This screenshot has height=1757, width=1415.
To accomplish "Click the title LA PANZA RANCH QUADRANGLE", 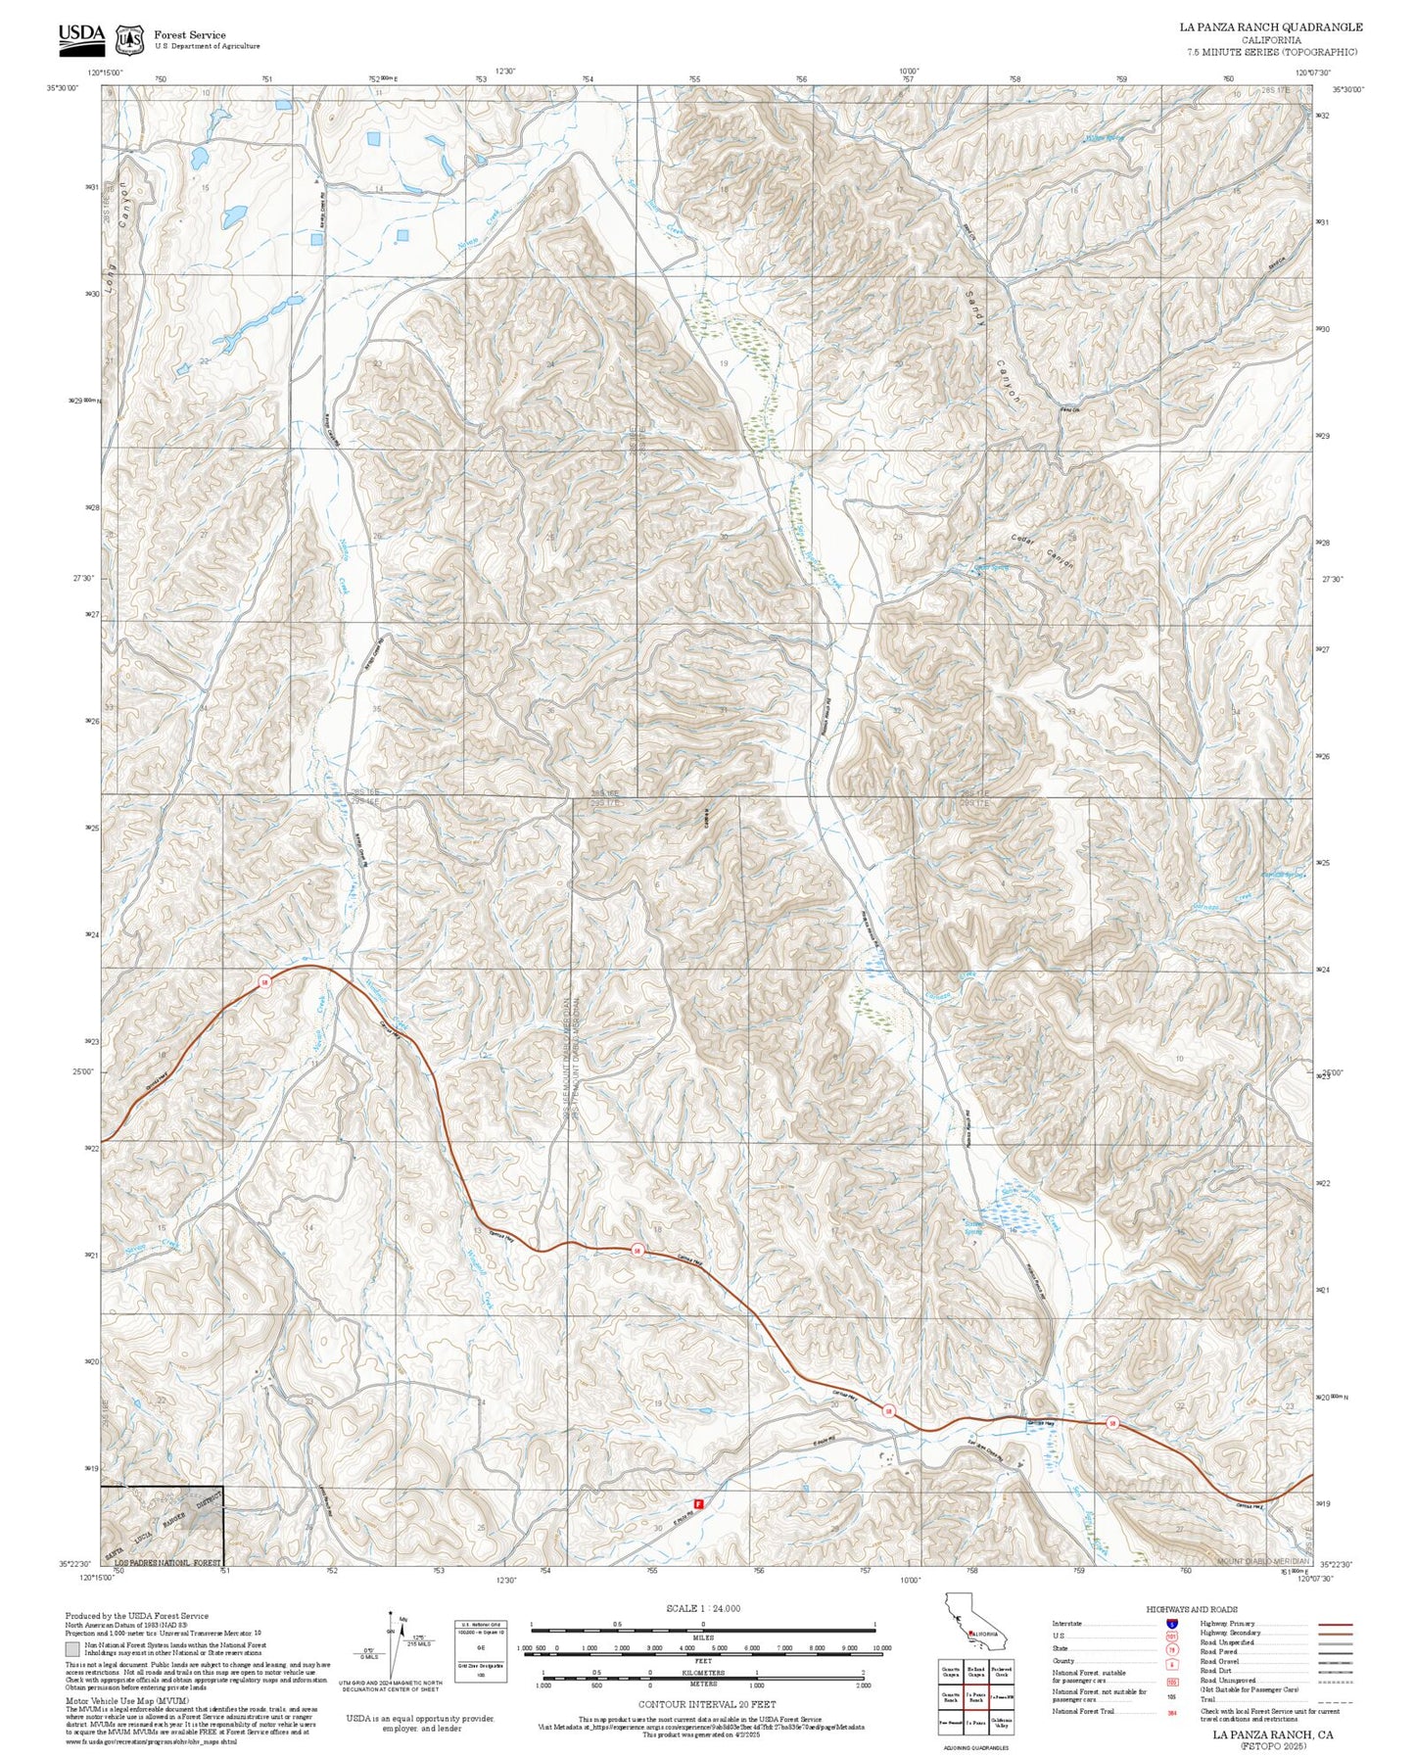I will click(1270, 26).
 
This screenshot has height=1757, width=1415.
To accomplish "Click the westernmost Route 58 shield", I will click(264, 982).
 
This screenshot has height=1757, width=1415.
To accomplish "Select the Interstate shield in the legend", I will click(1171, 1624).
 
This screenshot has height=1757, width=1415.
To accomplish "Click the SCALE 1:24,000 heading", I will click(702, 1608).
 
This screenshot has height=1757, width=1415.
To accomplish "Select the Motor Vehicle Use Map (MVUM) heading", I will click(126, 1701).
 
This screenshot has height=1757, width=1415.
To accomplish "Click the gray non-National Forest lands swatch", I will click(72, 1649).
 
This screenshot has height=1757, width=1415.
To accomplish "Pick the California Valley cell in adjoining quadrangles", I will click(1002, 1725).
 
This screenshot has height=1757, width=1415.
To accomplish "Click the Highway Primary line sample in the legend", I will click(1335, 1624).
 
